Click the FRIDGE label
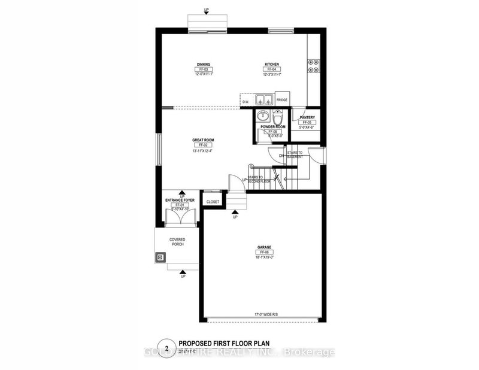pos(283,101)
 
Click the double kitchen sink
pos(263,100)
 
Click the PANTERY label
pos(308,117)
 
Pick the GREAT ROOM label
pos(203,140)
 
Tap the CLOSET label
pos(213,202)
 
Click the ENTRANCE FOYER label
pos(178,200)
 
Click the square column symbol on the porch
pos(160,258)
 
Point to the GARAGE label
pos(265,247)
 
